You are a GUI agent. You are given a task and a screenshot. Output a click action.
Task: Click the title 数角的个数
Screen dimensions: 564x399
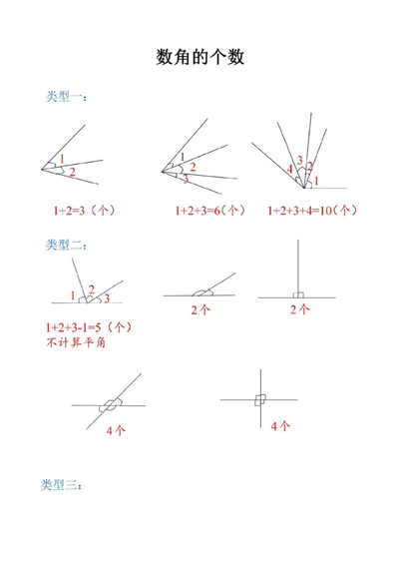199,58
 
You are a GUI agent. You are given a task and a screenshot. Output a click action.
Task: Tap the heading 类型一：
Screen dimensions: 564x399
67,97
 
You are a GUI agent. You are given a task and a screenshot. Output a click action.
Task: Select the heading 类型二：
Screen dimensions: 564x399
67,246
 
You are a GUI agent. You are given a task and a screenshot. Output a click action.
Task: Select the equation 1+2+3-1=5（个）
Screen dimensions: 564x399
89,327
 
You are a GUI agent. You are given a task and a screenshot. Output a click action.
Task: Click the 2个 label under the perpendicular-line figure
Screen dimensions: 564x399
298,310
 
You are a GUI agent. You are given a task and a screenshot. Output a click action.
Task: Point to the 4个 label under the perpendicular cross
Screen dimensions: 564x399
280,426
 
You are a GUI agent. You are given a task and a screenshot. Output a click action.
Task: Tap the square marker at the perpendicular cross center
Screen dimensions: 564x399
259,399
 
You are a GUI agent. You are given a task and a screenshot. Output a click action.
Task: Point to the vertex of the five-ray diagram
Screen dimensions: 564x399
299,187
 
